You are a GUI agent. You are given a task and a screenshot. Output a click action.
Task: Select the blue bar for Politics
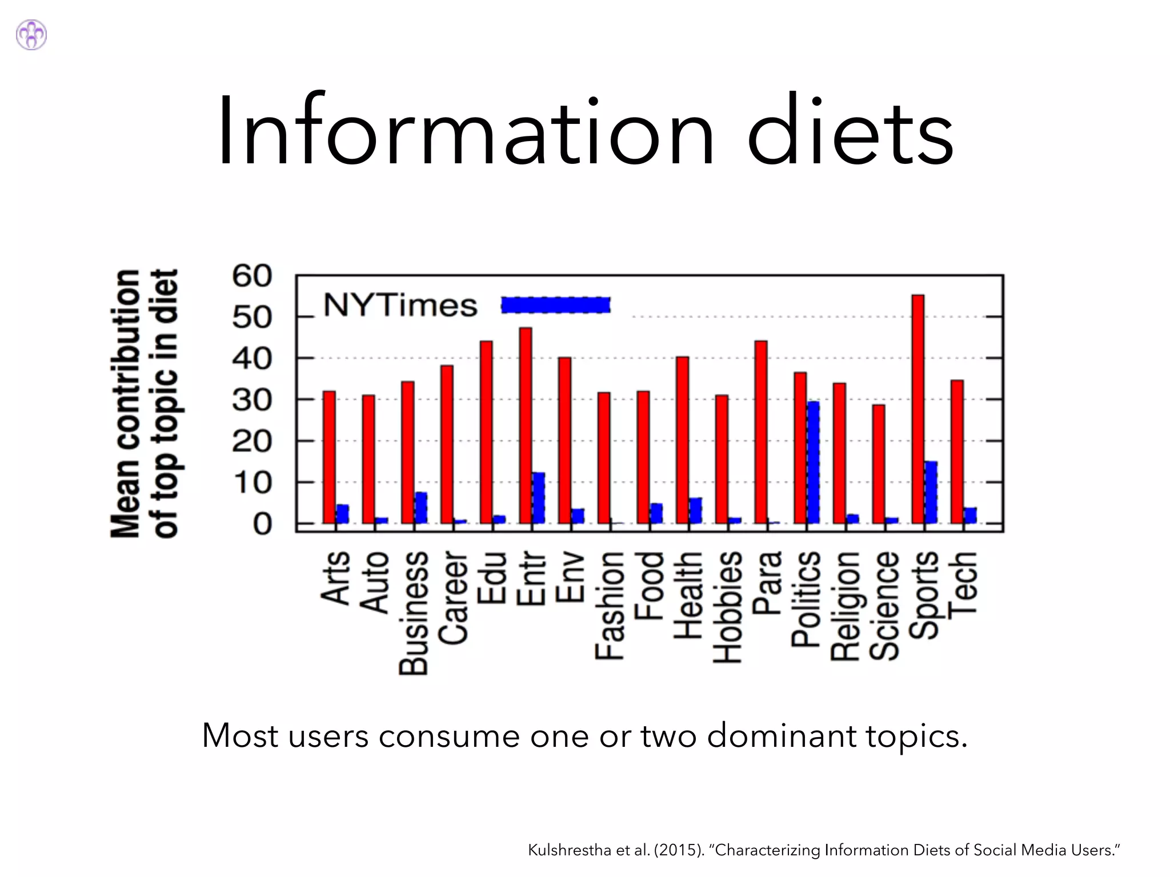point(813,462)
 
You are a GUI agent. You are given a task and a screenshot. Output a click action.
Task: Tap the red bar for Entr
point(526,425)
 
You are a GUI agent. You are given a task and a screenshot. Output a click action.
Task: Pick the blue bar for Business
point(421,508)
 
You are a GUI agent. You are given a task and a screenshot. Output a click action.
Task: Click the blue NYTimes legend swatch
point(555,305)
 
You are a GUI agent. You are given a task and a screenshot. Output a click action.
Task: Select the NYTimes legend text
point(400,305)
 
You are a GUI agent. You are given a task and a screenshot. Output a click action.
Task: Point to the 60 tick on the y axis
point(252,276)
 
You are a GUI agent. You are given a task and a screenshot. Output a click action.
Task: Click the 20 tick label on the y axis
point(252,441)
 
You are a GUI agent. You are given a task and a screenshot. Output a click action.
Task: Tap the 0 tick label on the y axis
point(262,524)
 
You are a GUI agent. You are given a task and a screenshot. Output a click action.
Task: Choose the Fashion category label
point(609,605)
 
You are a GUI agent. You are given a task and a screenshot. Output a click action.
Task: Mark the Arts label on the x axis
point(335,577)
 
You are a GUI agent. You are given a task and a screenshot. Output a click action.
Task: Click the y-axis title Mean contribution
point(126,403)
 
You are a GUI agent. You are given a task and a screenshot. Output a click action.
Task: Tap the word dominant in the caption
point(781,735)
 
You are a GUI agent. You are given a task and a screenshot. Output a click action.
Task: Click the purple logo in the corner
point(31,35)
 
